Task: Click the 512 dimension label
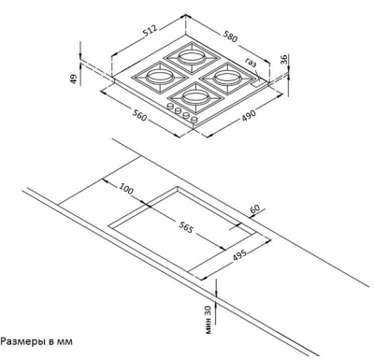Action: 151,31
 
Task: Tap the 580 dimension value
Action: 230,36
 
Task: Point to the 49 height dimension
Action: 73,79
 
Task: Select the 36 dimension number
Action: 283,60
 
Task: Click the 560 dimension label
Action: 139,116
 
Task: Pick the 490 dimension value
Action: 249,115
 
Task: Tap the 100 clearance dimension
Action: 126,189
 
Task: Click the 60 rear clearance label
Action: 255,209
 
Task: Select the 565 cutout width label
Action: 186,228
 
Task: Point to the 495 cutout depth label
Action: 239,255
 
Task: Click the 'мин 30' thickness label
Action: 209,320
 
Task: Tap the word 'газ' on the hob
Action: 251,63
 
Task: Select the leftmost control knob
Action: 170,107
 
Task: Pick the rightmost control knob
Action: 194,120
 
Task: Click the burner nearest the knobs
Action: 196,98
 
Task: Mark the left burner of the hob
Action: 159,77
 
